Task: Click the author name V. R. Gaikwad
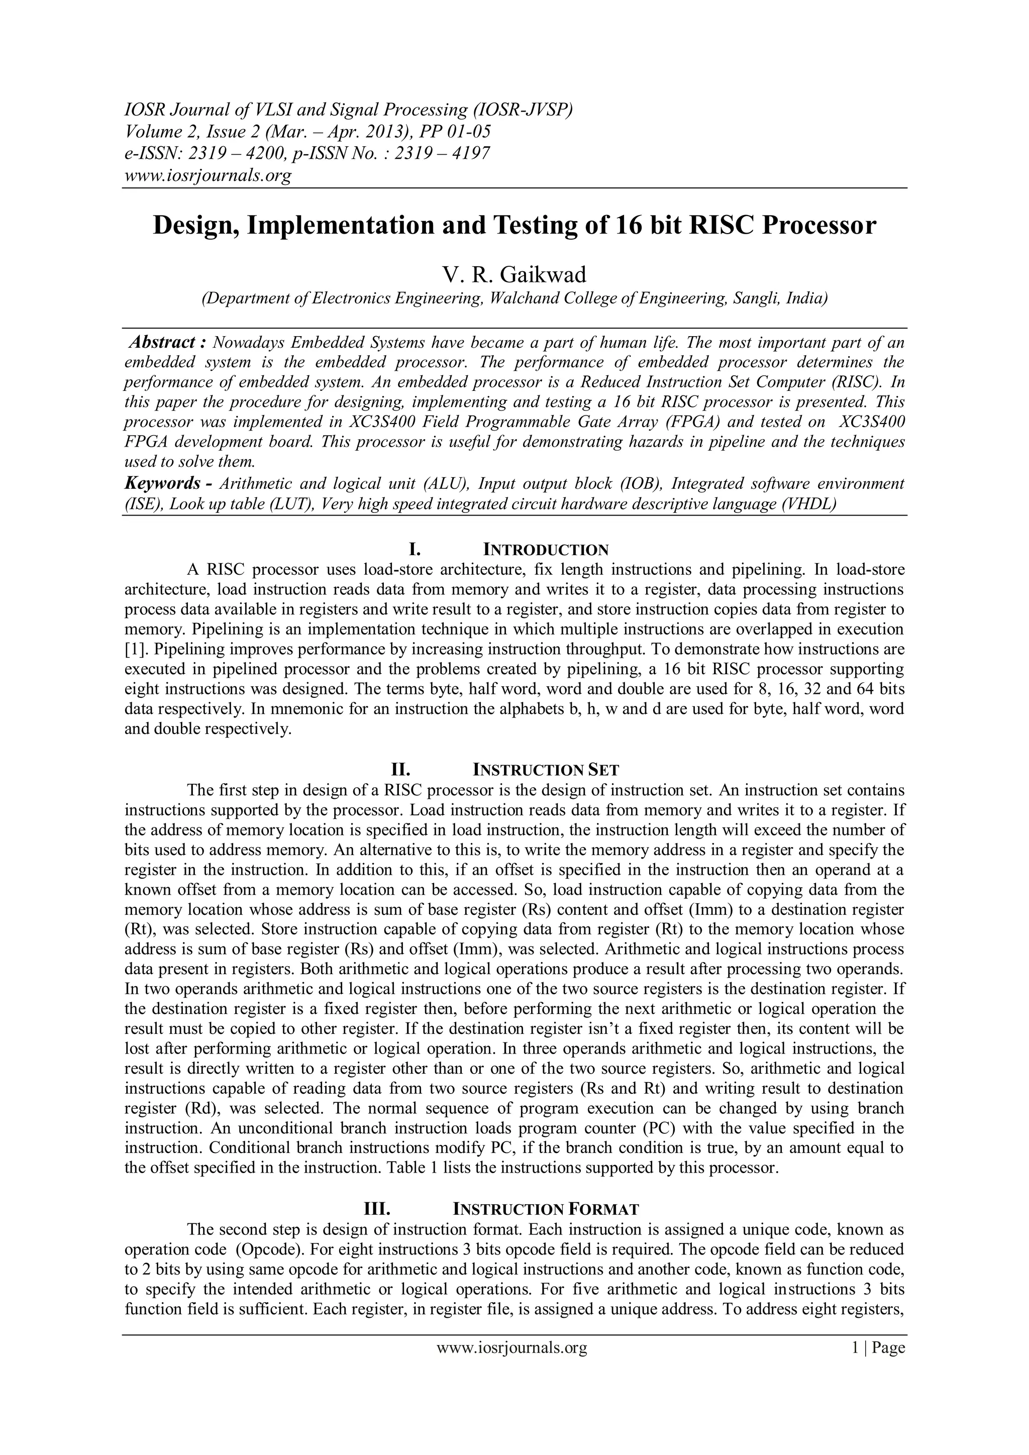[x=514, y=275]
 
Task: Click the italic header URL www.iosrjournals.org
[x=207, y=175]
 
